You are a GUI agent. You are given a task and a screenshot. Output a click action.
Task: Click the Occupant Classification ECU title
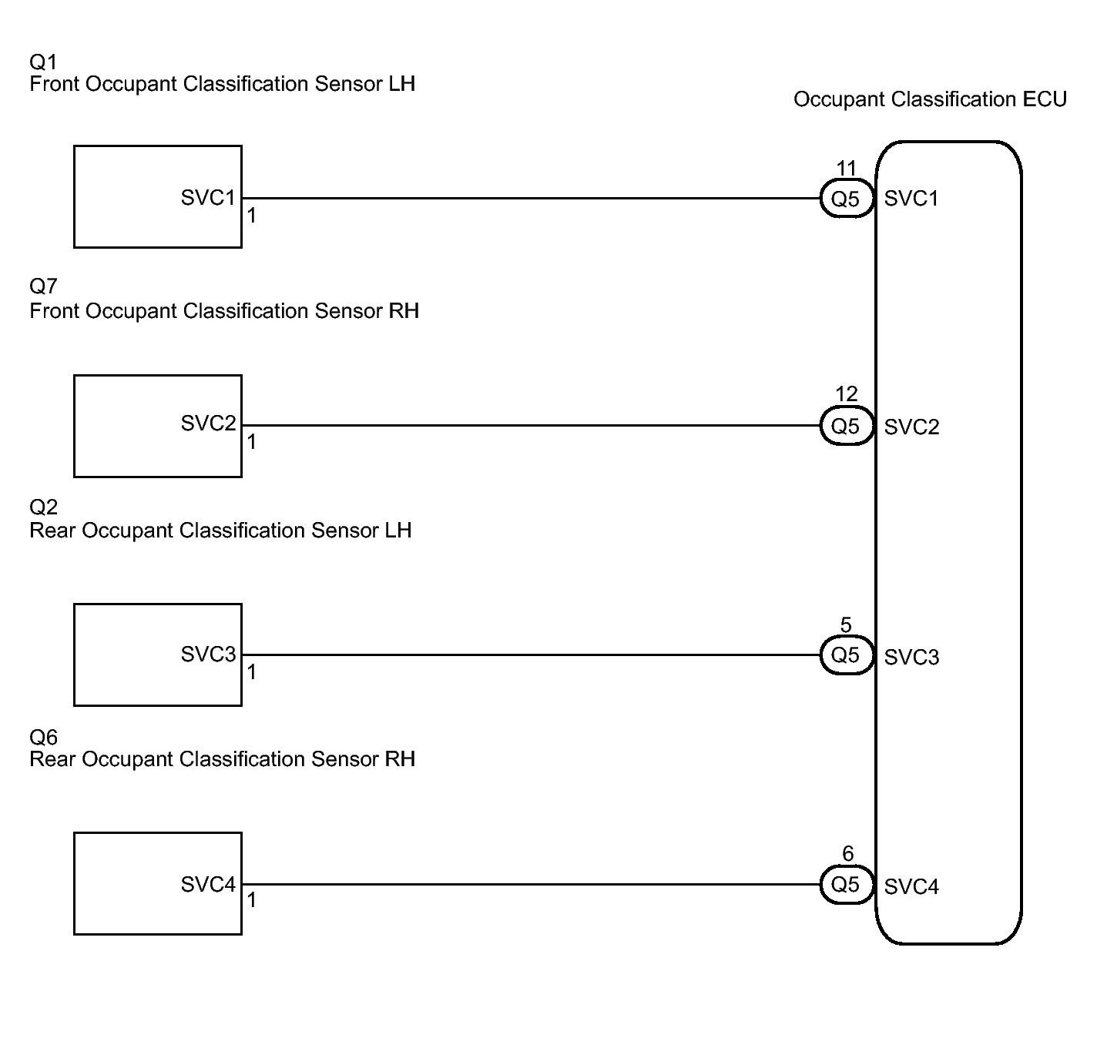coord(930,99)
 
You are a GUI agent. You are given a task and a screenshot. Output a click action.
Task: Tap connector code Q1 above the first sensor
coord(43,62)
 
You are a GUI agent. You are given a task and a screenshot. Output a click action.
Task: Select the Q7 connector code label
coord(43,286)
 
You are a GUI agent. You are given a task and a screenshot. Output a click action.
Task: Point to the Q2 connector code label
coord(43,507)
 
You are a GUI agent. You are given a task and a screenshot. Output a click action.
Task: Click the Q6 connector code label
coord(43,737)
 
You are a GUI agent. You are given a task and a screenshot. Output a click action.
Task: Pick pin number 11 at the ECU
coord(846,168)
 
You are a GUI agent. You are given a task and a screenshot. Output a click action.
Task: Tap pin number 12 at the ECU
coord(846,394)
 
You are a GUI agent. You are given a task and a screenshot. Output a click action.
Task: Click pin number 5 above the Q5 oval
coord(846,624)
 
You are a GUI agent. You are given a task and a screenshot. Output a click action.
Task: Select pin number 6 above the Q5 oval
coord(847,853)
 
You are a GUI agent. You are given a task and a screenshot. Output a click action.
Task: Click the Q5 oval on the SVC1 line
coord(846,199)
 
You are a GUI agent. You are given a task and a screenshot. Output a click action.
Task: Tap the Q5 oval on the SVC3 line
coord(846,655)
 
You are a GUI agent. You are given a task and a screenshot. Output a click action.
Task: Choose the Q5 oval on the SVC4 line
coord(846,885)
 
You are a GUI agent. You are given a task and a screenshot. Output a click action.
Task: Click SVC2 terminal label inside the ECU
coord(911,427)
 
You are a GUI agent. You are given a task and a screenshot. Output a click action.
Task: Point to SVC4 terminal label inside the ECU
coord(911,887)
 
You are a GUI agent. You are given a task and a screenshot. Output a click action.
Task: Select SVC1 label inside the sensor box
coord(208,198)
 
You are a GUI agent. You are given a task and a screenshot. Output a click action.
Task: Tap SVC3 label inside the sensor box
coord(208,655)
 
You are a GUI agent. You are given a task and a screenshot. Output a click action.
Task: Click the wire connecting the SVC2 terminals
coord(532,425)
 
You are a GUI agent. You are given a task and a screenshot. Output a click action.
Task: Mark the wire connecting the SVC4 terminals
coord(532,885)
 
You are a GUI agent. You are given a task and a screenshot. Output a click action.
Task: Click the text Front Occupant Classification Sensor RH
coord(224,311)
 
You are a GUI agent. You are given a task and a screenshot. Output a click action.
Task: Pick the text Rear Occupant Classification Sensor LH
coord(220,531)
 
